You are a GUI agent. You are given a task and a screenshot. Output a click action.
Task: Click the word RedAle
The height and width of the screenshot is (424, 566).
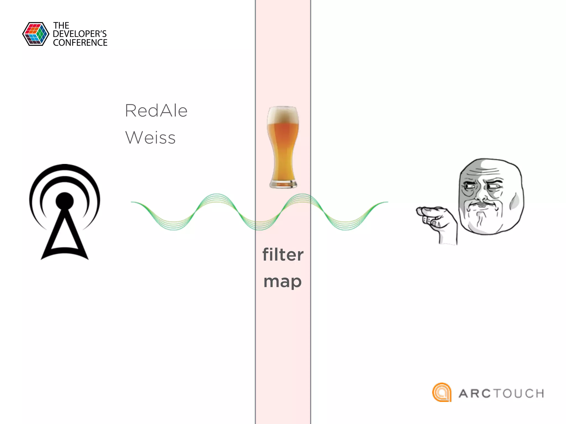[x=156, y=111]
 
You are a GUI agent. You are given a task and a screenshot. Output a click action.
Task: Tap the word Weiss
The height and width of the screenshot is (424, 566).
[x=150, y=137]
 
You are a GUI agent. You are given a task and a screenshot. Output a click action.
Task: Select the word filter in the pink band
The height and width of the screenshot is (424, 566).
[x=283, y=255]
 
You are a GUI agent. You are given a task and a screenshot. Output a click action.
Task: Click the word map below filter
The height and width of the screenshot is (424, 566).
[x=282, y=282]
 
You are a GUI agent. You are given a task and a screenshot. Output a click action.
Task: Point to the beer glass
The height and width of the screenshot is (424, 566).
[x=283, y=146]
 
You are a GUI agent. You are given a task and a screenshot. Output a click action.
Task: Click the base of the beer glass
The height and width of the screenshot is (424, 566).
[x=283, y=184]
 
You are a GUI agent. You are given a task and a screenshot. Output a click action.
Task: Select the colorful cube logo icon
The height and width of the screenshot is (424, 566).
[x=36, y=34]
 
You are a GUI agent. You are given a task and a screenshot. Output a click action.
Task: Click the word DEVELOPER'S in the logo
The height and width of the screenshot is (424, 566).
[x=80, y=34]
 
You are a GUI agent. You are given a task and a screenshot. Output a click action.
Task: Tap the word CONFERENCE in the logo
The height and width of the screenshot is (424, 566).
[x=80, y=43]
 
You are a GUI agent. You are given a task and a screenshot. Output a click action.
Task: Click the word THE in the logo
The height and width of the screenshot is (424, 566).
[x=61, y=26]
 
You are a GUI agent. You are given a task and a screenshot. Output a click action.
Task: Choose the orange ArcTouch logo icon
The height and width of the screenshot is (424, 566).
[x=442, y=392]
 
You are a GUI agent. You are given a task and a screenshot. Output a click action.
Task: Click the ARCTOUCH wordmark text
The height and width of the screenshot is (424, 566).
[x=501, y=393]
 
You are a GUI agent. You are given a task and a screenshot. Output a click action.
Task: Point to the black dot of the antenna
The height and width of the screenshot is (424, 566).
[x=65, y=201]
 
